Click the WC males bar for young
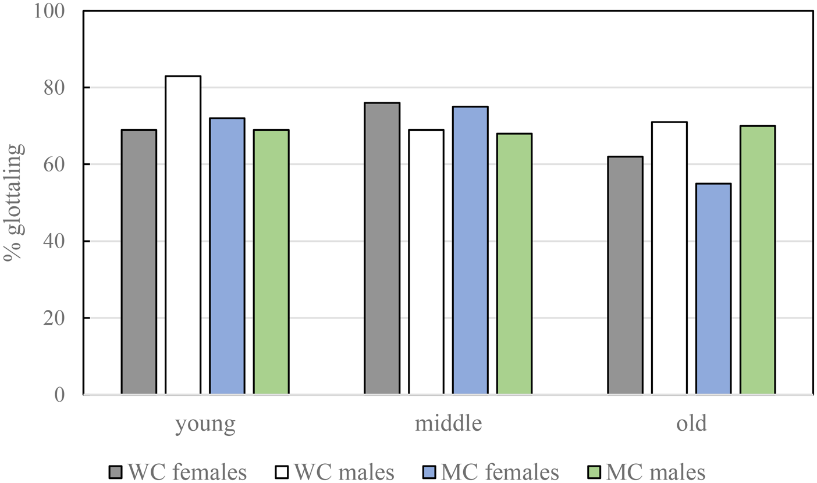183,235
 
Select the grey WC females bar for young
139,262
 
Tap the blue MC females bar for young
227,256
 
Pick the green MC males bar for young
271,262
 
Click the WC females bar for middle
382,249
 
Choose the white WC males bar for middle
426,262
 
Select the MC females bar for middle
470,251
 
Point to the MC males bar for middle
514,264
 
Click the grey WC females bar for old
625,276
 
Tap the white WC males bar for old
669,258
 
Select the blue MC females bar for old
713,289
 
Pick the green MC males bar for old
757,260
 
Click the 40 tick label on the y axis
62,241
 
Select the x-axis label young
205,424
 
